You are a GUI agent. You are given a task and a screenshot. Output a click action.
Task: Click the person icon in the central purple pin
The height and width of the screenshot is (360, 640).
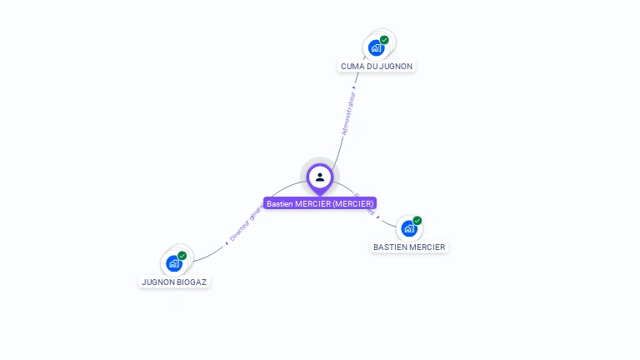point(320,177)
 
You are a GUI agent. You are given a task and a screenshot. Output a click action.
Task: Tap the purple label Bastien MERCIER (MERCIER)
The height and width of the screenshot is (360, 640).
point(320,203)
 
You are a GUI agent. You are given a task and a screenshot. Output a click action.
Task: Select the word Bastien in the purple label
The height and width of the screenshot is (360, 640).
point(280,203)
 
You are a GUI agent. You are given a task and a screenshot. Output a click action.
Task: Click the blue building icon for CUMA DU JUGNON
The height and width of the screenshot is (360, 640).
point(376,48)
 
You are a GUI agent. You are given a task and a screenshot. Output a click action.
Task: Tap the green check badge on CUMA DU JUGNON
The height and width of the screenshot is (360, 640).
point(384,40)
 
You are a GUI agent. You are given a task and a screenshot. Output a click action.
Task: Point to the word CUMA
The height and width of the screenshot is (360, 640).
point(352,66)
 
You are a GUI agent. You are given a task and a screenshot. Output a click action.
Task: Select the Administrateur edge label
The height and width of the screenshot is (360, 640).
point(348,113)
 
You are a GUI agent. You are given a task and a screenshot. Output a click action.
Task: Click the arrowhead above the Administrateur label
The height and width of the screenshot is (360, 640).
point(354,87)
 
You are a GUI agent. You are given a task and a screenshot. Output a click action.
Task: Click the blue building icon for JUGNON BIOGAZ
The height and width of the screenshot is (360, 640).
point(174,264)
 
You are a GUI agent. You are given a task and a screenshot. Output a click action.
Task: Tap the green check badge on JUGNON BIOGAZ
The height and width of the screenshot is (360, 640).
point(182,256)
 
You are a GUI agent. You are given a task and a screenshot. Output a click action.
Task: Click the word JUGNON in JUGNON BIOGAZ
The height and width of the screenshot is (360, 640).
point(157,282)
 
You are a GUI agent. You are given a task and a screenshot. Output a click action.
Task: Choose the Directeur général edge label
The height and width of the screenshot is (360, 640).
point(245,224)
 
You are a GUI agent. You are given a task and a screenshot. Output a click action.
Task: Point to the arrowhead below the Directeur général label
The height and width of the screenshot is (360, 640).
point(227,242)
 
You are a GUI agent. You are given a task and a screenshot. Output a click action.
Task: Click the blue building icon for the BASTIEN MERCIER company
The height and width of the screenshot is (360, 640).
point(409,228)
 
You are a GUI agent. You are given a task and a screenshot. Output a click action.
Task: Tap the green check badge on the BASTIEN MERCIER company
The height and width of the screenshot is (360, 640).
point(417,221)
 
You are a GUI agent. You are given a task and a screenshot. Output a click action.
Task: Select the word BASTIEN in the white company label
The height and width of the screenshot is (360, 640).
point(390,247)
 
